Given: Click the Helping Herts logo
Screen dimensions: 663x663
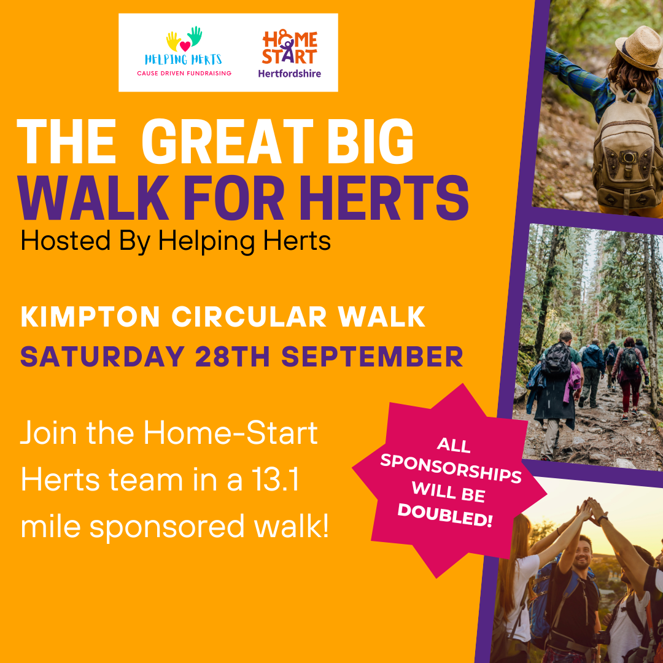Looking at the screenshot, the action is click(x=184, y=51).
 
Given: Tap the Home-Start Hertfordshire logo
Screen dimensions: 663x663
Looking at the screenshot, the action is click(x=290, y=53).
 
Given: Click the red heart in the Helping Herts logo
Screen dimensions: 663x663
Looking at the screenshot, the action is click(x=185, y=46).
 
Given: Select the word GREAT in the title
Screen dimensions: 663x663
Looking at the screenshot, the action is click(x=228, y=141).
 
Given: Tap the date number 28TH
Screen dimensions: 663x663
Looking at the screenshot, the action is click(x=233, y=357).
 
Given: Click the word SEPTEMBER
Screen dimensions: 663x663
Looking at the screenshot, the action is click(x=372, y=357).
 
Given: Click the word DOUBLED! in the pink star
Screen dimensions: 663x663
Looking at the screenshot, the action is click(x=445, y=515).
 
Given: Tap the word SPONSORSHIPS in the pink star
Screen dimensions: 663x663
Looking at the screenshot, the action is click(x=451, y=468).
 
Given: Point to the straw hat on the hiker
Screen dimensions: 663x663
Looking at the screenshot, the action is click(x=640, y=47).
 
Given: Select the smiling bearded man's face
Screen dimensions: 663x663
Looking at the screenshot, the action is click(x=582, y=555).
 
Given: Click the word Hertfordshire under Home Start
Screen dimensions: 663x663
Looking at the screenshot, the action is click(x=290, y=74).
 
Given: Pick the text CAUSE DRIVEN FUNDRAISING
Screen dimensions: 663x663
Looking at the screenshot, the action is click(x=184, y=73).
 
